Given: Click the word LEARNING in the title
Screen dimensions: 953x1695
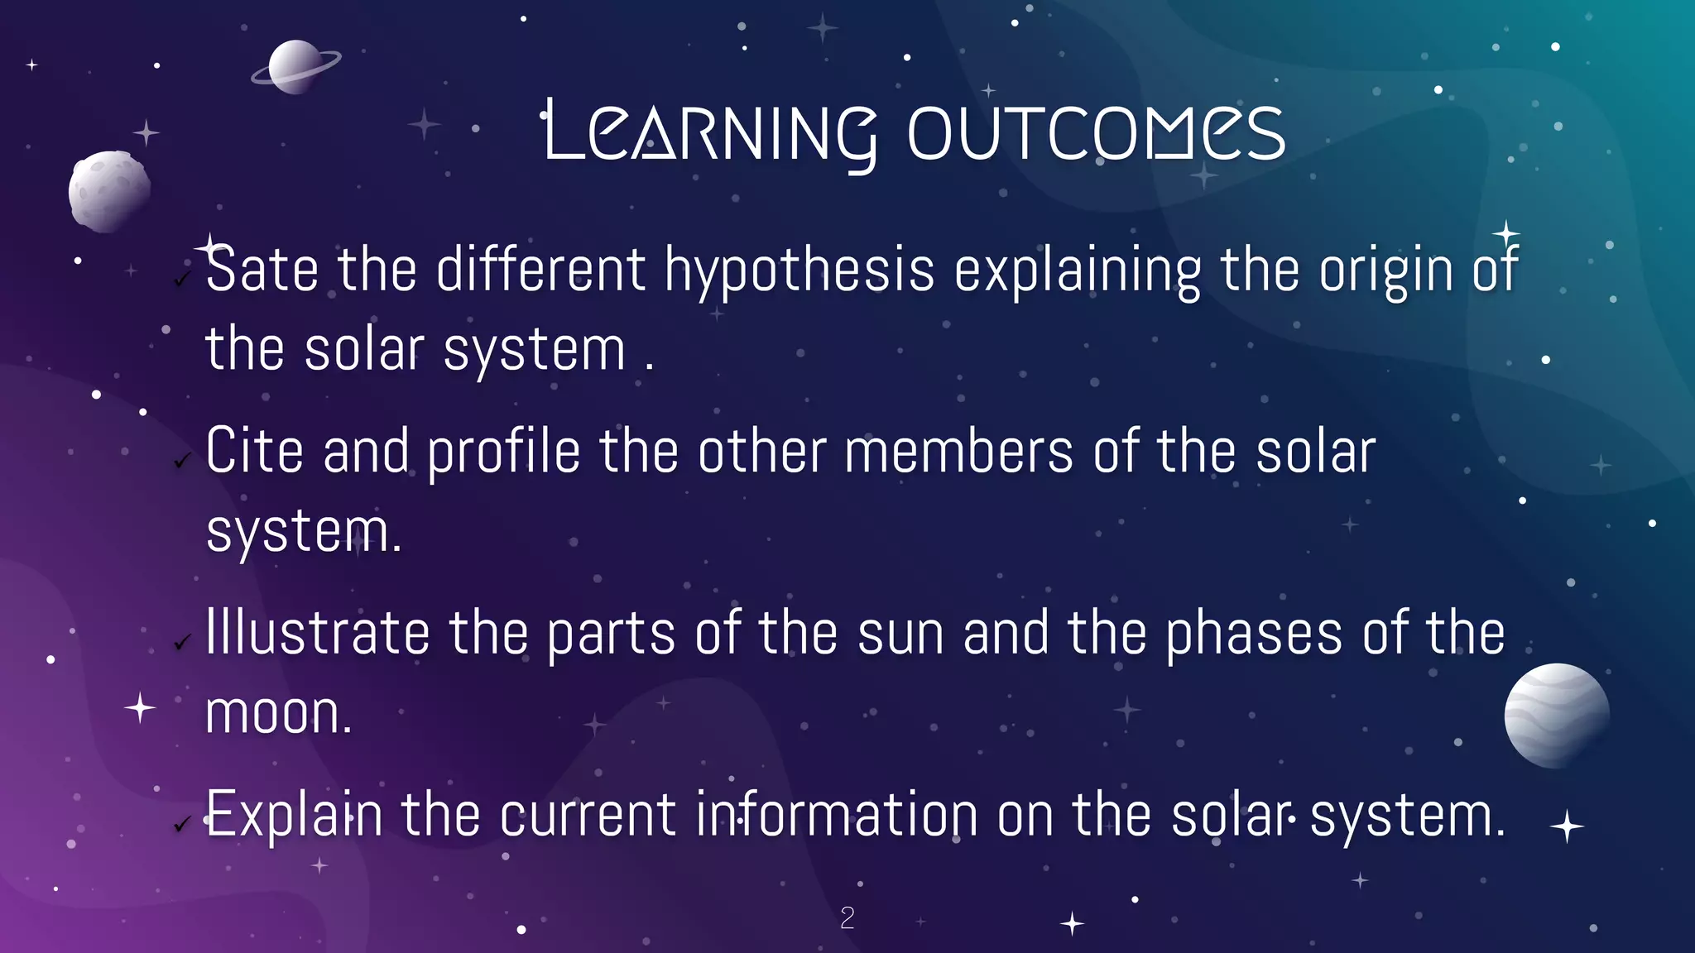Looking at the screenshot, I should pyautogui.click(x=710, y=132).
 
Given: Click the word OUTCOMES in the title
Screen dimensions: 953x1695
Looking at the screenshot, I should pyautogui.click(x=1096, y=132).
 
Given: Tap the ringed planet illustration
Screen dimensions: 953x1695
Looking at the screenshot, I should pyautogui.click(x=295, y=67).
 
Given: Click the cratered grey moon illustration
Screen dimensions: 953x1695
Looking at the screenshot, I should pyautogui.click(x=109, y=190).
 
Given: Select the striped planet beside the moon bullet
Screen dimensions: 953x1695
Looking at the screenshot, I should pyautogui.click(x=1556, y=716).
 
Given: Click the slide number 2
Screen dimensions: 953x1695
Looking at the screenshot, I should pyautogui.click(x=847, y=917).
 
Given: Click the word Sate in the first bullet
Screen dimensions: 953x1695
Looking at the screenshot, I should pyautogui.click(x=262, y=270).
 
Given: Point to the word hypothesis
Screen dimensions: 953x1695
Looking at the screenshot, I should pyautogui.click(x=799, y=271).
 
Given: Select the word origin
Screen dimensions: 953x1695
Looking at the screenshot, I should pyautogui.click(x=1385, y=271).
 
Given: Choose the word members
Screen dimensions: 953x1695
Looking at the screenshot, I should pyautogui.click(x=958, y=452).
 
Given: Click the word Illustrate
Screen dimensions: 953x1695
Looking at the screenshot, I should pyautogui.click(x=317, y=634).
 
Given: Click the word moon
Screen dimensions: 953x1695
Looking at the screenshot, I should pyautogui.click(x=277, y=714).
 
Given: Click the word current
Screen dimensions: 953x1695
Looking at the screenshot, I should pyautogui.click(x=588, y=816).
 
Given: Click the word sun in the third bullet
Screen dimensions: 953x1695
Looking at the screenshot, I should pyautogui.click(x=900, y=634).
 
